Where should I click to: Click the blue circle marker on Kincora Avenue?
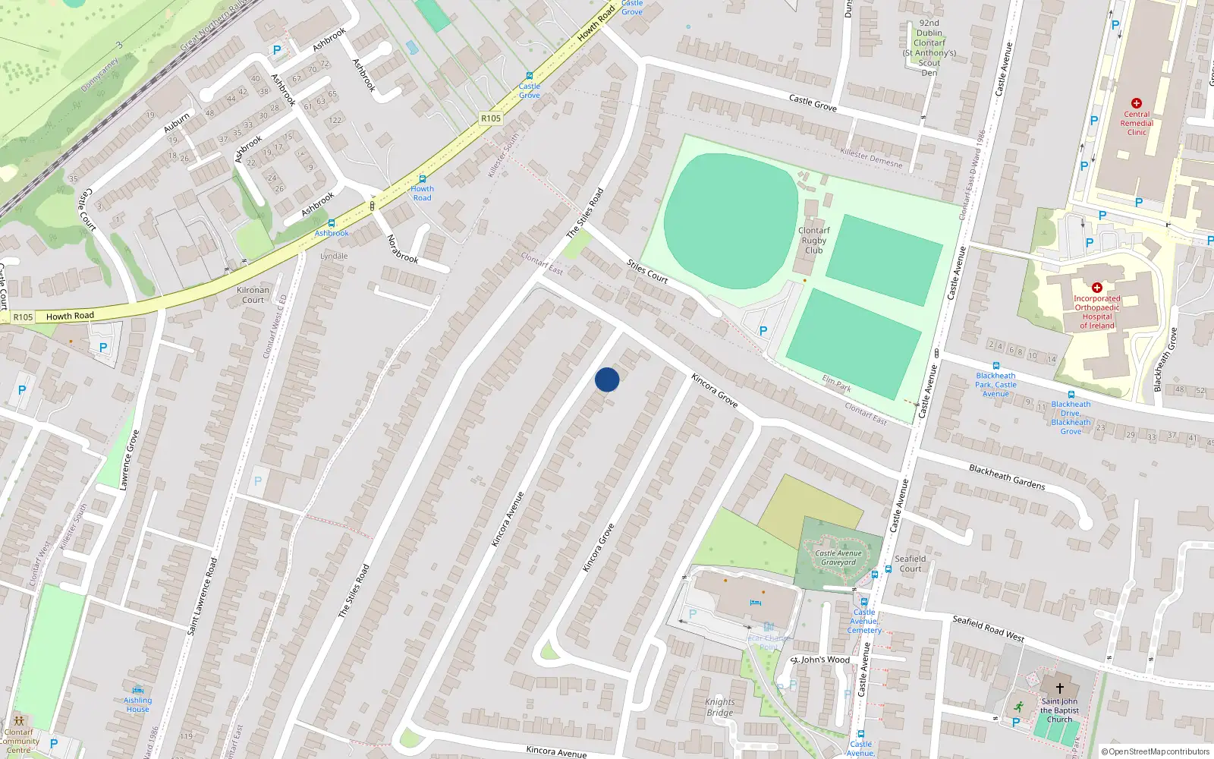(607, 379)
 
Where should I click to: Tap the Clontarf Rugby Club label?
(813, 240)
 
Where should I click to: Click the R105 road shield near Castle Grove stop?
(491, 118)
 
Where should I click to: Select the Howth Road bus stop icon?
(423, 179)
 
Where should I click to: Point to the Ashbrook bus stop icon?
(332, 223)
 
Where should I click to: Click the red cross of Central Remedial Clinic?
(1136, 103)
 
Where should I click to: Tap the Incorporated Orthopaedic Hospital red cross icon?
(1096, 288)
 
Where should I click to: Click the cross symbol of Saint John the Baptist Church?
(1059, 688)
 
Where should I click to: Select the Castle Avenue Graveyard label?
(838, 558)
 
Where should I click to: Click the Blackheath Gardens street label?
(1007, 477)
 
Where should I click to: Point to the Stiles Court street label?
(647, 271)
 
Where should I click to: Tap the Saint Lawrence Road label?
(203, 596)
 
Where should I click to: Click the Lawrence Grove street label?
(130, 460)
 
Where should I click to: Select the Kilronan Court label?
(253, 294)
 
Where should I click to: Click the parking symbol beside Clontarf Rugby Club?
(763, 331)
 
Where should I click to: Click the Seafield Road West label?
(988, 628)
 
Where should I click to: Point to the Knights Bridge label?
(719, 707)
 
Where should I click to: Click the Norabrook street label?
(402, 249)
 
